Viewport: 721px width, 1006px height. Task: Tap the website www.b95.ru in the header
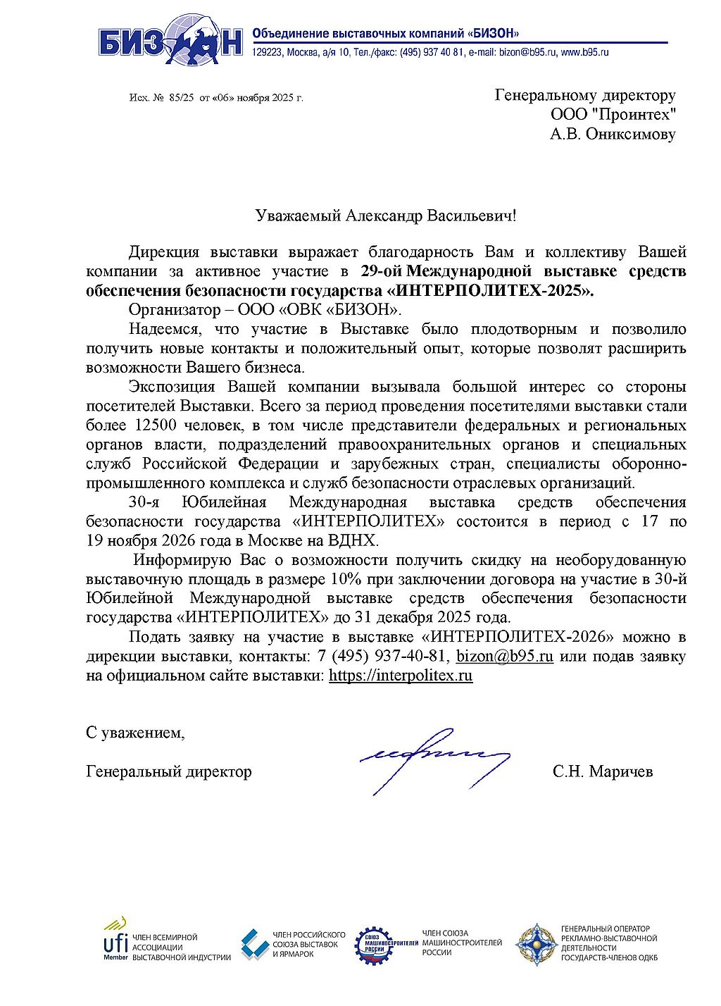584,52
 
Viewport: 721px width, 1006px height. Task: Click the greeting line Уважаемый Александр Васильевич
385,215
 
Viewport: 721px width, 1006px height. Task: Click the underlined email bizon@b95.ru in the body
504,656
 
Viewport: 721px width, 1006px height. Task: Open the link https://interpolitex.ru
401,676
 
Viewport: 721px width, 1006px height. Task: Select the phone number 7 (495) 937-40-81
383,656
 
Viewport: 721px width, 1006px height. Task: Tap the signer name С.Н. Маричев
603,771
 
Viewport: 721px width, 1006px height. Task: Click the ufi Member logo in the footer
115,939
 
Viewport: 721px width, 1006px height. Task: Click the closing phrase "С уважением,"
135,733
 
